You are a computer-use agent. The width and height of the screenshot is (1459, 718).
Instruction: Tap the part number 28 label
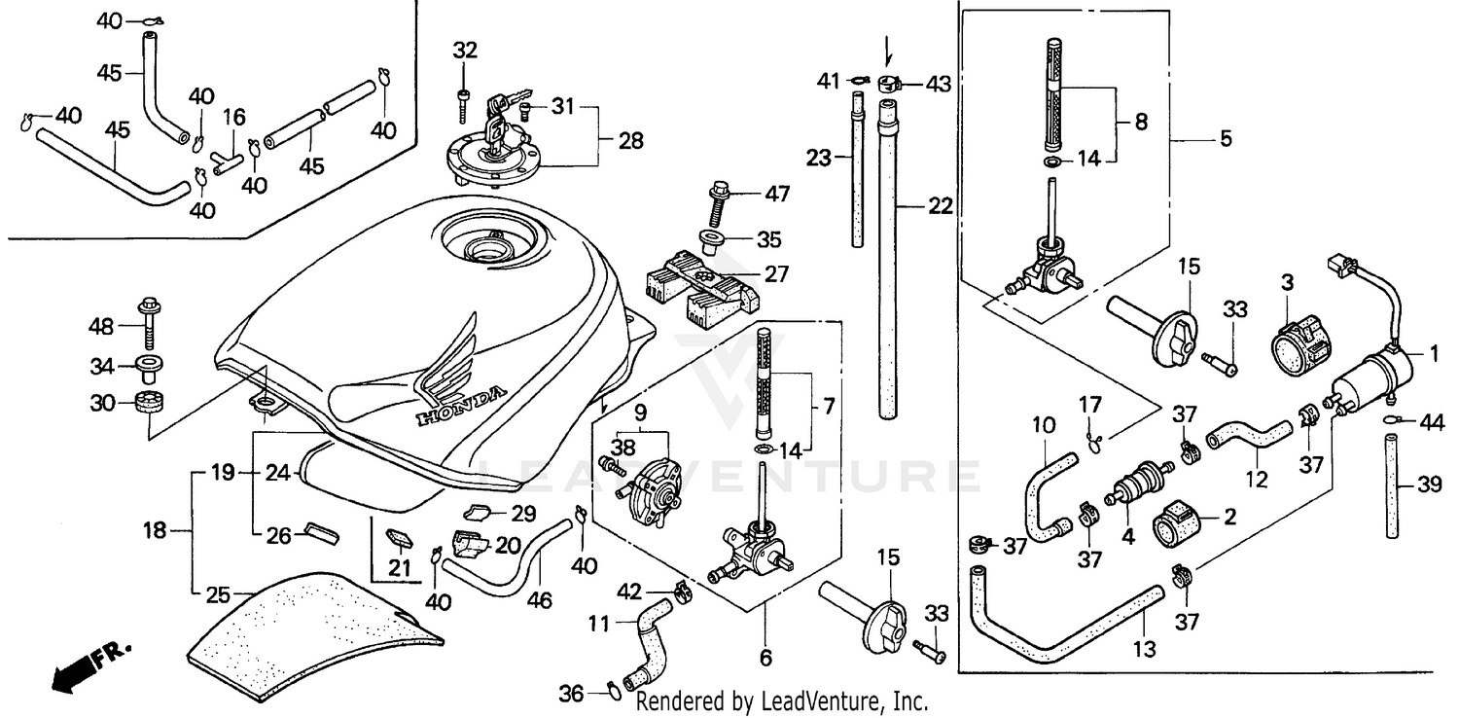point(630,141)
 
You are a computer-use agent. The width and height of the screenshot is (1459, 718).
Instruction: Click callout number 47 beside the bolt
point(776,194)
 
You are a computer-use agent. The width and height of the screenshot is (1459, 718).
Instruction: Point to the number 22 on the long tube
point(941,207)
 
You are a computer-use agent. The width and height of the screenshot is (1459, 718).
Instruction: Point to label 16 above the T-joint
point(234,118)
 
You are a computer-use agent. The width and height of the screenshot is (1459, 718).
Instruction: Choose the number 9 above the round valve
point(639,412)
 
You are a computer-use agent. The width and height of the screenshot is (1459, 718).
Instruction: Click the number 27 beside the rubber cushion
point(776,274)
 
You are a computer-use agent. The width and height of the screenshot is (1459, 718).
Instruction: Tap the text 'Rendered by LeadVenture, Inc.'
point(781,700)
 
